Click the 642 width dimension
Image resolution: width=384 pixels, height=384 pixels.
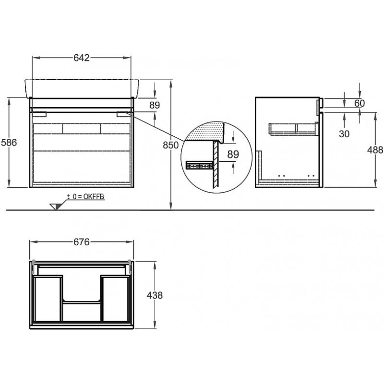[82, 58]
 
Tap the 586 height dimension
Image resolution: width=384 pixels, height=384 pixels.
[9, 142]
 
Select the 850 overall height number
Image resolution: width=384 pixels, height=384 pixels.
[171, 145]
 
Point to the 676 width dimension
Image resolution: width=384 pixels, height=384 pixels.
[82, 242]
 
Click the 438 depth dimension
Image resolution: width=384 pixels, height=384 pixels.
[155, 295]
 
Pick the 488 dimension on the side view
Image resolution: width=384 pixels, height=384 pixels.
[375, 150]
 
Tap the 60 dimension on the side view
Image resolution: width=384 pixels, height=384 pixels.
[360, 103]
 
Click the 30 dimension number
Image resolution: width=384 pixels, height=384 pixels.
[344, 134]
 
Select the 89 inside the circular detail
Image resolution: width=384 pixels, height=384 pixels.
[233, 154]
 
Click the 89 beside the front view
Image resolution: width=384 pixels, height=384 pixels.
[155, 105]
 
